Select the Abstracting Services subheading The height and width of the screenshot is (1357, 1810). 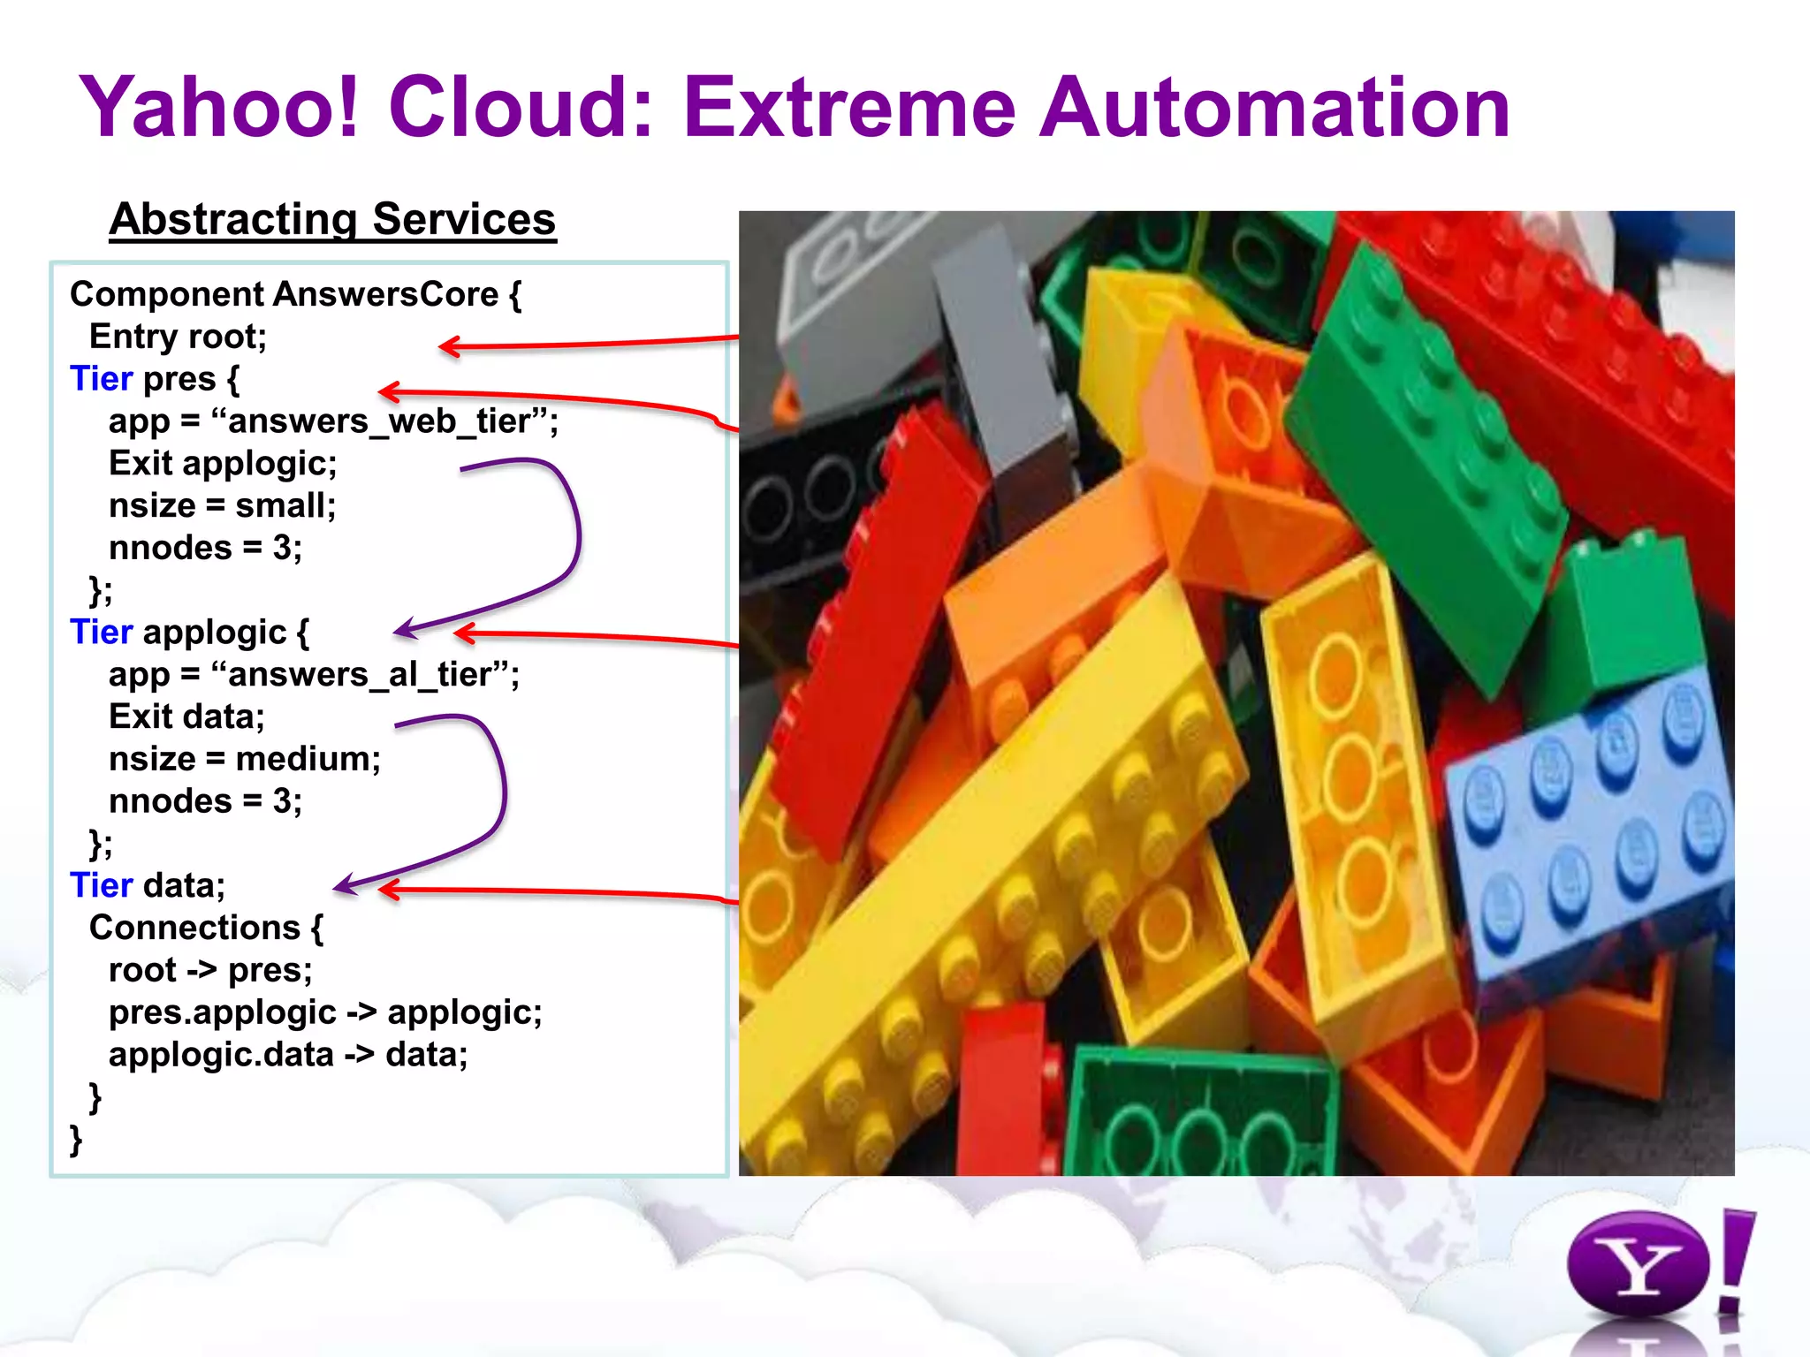[x=332, y=219]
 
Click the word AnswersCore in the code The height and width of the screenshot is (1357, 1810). [x=386, y=294]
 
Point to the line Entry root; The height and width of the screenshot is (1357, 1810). [x=178, y=337]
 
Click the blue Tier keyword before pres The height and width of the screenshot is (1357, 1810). [x=101, y=379]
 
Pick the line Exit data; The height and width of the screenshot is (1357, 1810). [x=186, y=716]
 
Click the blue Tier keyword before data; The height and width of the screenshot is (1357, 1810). [x=101, y=885]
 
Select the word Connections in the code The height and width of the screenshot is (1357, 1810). [x=194, y=928]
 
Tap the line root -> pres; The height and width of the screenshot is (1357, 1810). [x=210, y=970]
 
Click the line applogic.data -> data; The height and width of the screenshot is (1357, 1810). [x=288, y=1055]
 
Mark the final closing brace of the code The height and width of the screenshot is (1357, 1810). [x=76, y=1140]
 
